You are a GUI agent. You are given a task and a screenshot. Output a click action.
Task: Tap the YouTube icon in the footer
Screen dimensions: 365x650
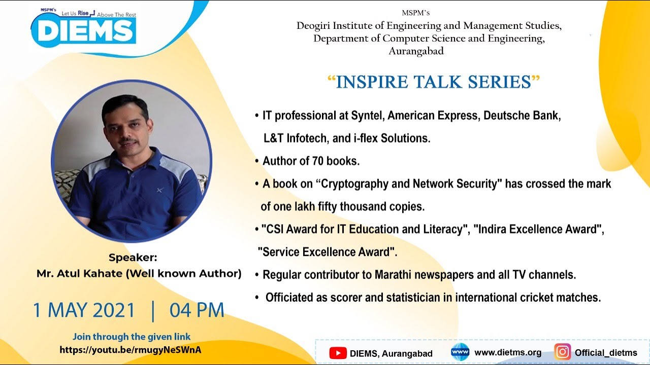coord(338,353)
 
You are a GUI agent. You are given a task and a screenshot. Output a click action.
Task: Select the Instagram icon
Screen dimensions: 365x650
coord(562,352)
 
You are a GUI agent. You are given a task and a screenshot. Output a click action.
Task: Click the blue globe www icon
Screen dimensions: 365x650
coord(460,352)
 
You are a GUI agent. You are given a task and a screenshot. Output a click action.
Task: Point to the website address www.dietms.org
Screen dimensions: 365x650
coord(508,353)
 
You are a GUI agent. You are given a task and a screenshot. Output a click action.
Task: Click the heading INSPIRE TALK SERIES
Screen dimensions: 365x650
coord(434,82)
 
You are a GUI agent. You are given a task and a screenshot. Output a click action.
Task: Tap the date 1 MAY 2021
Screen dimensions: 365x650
coord(84,310)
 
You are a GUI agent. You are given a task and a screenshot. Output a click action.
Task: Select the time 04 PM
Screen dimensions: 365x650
coord(197,310)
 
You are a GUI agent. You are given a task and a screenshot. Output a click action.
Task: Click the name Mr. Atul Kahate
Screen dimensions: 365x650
coord(80,274)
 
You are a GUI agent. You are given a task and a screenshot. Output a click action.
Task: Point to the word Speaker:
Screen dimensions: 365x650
coord(133,258)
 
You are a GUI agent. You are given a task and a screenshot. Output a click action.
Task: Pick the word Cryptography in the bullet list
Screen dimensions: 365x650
coord(354,184)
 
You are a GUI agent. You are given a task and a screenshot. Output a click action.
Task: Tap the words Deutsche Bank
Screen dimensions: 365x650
coord(522,116)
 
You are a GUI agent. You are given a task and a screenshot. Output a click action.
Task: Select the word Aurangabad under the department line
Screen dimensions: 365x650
coord(416,51)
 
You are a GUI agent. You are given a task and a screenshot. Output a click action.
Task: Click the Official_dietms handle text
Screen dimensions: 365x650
coord(606,353)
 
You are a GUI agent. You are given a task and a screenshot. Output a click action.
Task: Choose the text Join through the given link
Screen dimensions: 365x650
coord(132,337)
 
